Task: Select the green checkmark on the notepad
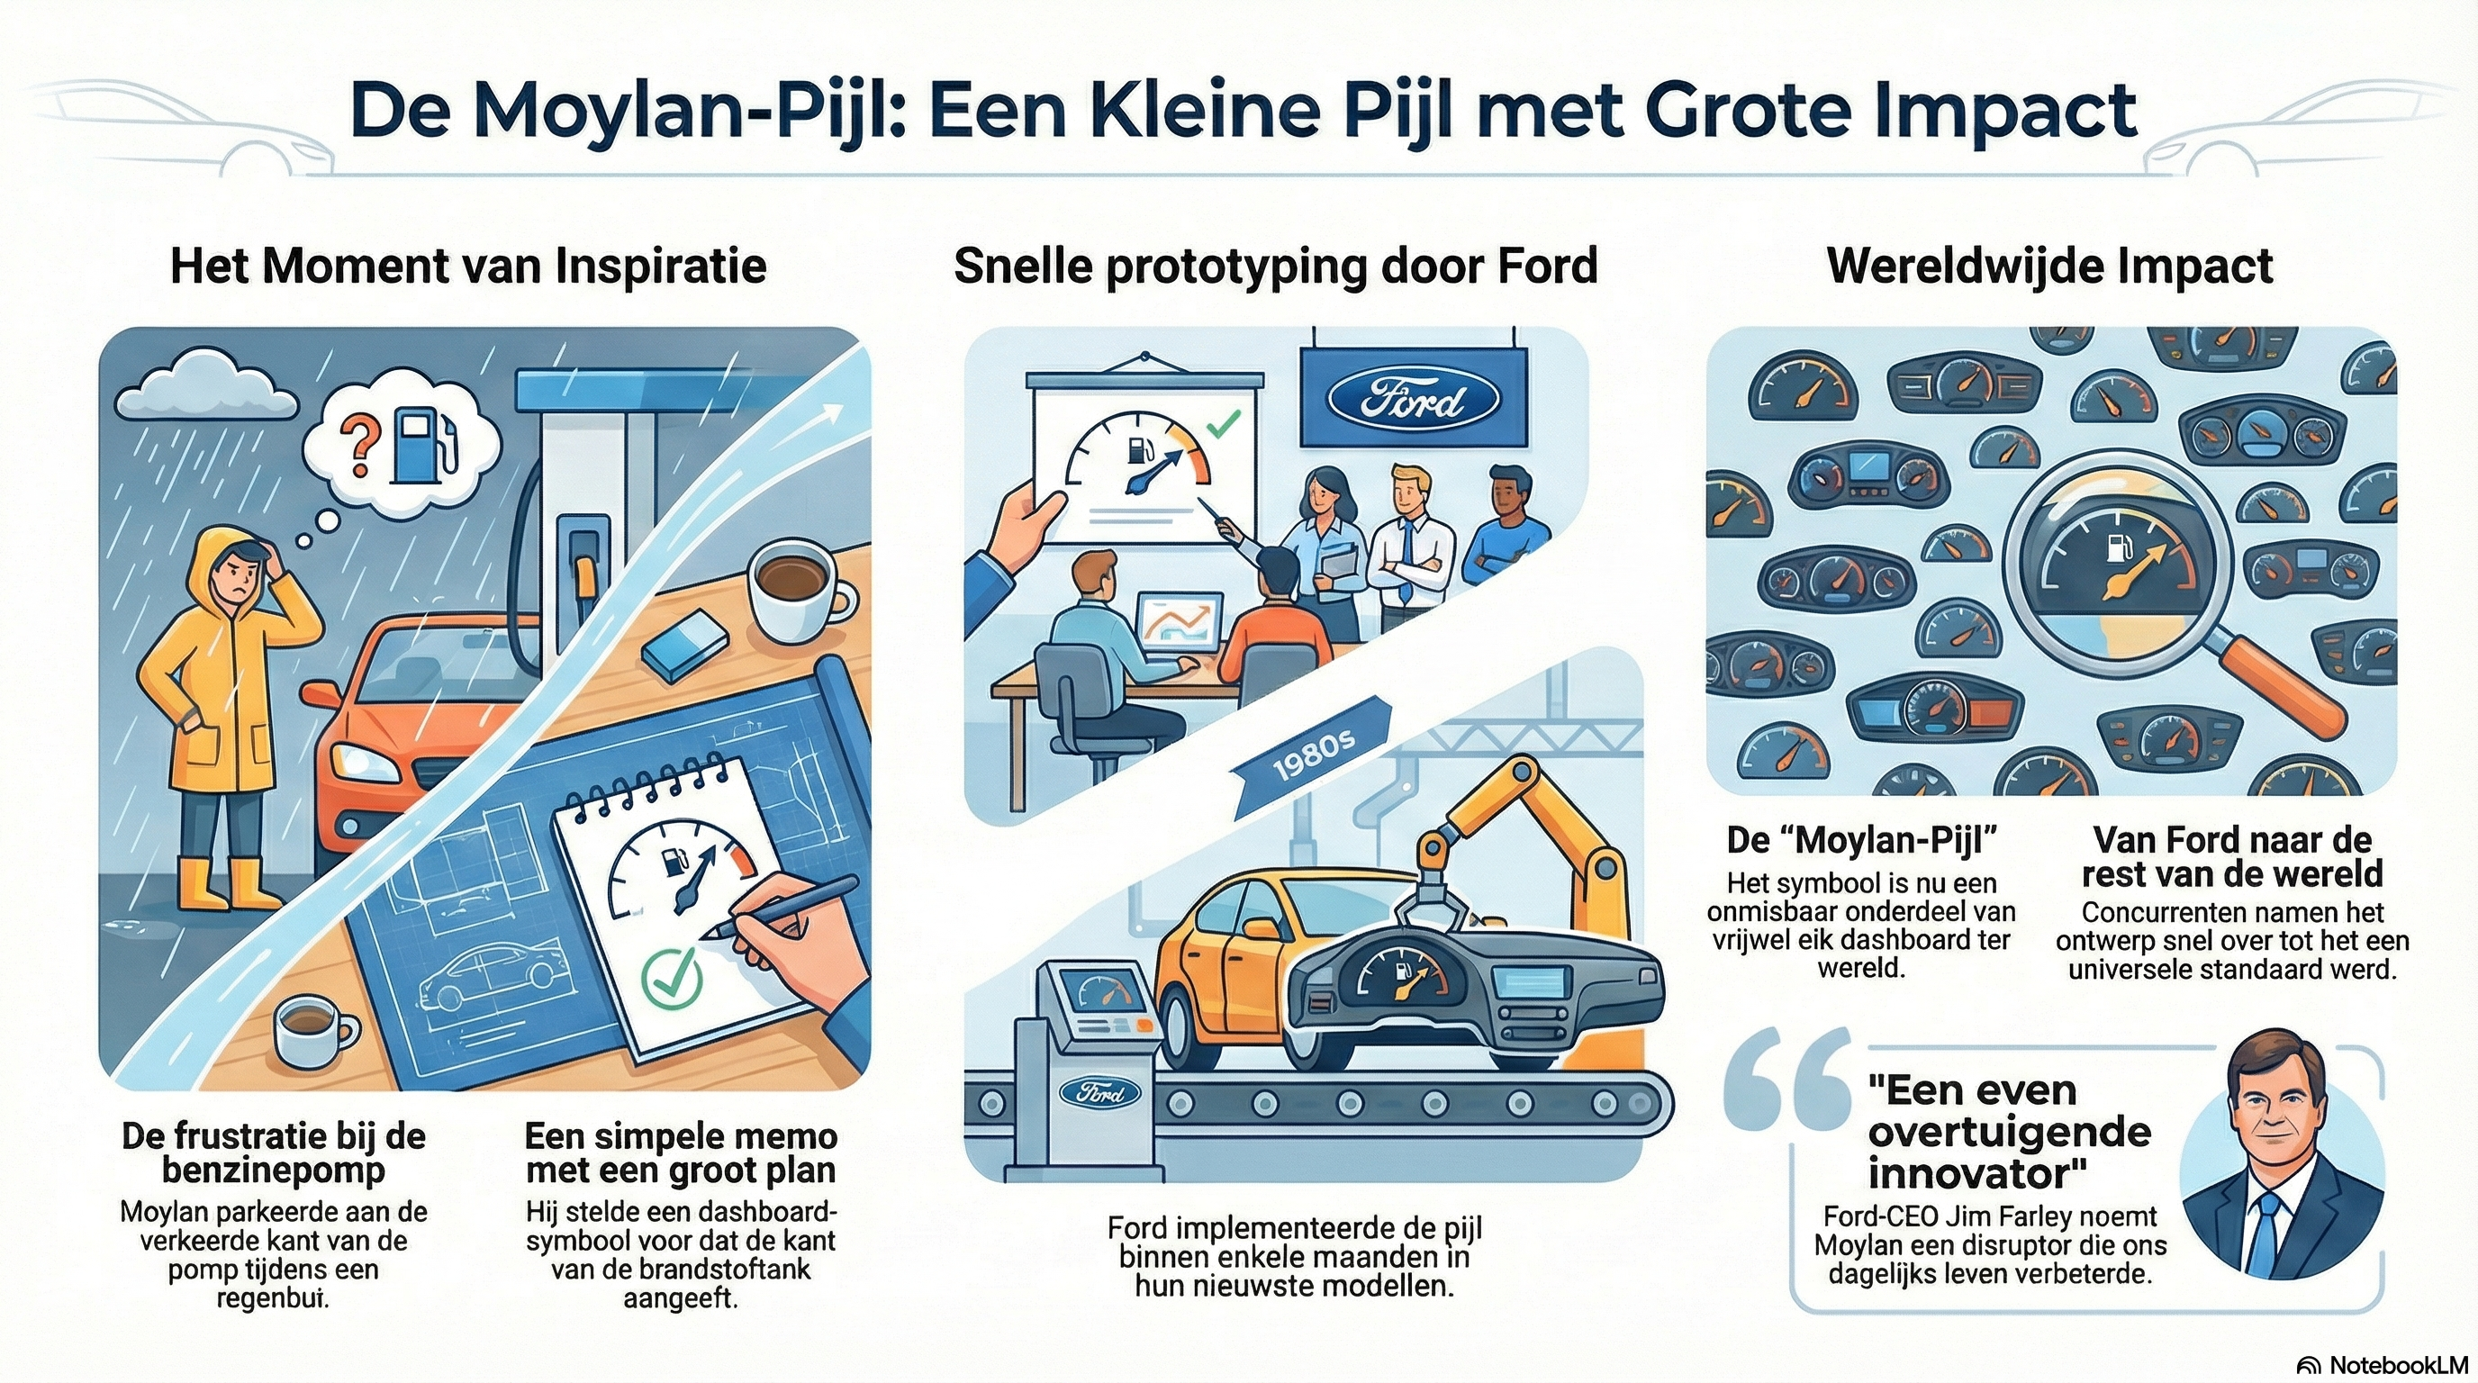click(x=672, y=978)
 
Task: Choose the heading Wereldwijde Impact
click(x=2049, y=267)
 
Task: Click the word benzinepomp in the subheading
click(x=273, y=1171)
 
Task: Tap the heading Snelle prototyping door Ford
click(x=1276, y=267)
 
